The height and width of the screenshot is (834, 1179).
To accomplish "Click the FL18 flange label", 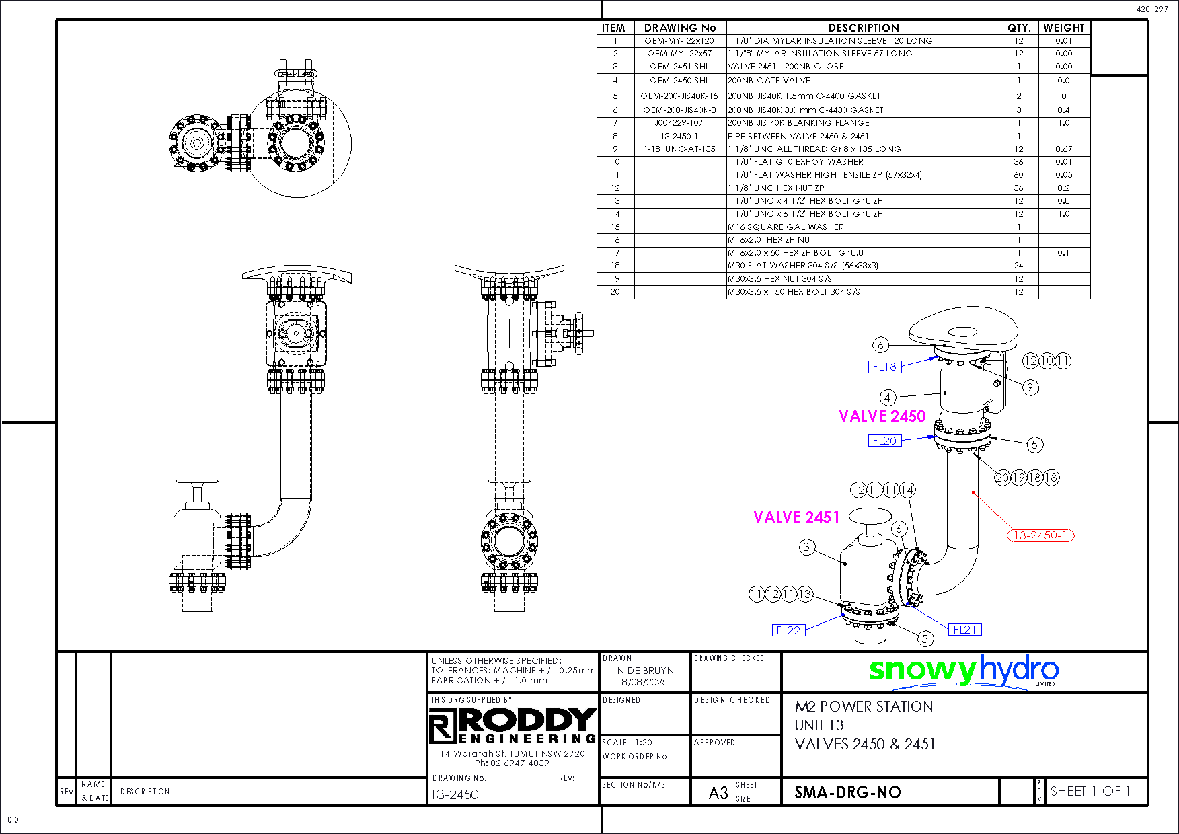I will point(884,367).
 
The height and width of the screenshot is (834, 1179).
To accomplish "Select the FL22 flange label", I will point(788,630).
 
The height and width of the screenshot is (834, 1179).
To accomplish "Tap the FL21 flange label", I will point(964,630).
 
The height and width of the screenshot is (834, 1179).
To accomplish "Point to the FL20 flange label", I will point(884,441).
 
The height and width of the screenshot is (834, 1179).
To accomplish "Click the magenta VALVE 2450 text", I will point(882,416).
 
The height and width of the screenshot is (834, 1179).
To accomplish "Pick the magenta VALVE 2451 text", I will point(796,517).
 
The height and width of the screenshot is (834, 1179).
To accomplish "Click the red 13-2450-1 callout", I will point(1040,535).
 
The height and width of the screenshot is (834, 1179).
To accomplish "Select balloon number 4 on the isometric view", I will point(887,397).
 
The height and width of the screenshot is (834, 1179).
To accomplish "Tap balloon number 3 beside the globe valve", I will point(806,547).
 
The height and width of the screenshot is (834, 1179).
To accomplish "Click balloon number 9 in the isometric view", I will point(1029,387).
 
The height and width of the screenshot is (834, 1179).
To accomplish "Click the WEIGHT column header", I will point(1063,28).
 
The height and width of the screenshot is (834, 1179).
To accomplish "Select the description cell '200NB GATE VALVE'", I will point(769,80).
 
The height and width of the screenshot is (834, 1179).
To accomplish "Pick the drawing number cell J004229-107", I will point(679,123).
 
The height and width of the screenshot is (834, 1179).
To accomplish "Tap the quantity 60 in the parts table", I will point(1018,175).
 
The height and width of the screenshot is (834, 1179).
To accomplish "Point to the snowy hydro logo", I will point(963,671).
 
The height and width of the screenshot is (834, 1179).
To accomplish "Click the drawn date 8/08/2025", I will point(644,682).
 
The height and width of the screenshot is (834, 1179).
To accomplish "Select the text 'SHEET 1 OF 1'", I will point(1090,791).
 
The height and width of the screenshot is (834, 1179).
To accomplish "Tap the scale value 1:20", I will point(644,743).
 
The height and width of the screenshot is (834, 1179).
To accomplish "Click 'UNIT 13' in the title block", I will point(819,725).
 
